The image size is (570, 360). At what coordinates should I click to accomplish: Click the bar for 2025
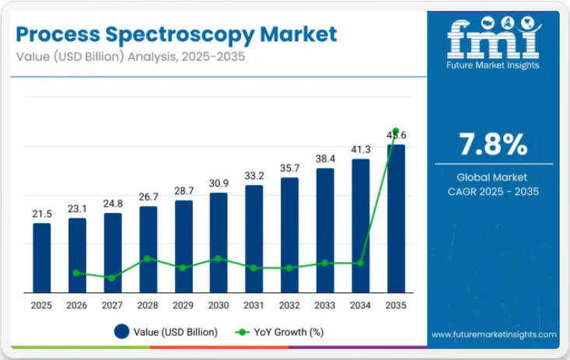[x=41, y=257]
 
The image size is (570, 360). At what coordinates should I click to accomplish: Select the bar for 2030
[x=219, y=241]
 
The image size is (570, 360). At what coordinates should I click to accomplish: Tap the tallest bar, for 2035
[x=396, y=218]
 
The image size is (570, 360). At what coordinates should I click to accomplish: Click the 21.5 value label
[x=41, y=214]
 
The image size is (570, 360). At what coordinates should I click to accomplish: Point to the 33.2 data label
[x=254, y=175]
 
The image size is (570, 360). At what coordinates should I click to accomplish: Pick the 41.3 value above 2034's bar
[x=361, y=149]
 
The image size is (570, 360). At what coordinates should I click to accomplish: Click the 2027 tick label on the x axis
[x=113, y=306]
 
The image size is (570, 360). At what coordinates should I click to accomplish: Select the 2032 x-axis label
[x=289, y=306]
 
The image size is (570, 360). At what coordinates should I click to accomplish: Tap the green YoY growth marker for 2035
[x=396, y=131]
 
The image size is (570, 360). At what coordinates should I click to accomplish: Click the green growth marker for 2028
[x=148, y=259]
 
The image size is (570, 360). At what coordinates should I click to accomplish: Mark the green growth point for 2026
[x=76, y=273]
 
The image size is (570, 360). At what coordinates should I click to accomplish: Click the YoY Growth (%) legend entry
[x=280, y=332]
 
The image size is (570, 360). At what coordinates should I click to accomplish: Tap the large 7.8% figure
[x=493, y=145]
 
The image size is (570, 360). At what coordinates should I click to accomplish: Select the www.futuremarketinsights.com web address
[x=494, y=334]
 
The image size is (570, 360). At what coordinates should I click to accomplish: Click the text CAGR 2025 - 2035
[x=493, y=191]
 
